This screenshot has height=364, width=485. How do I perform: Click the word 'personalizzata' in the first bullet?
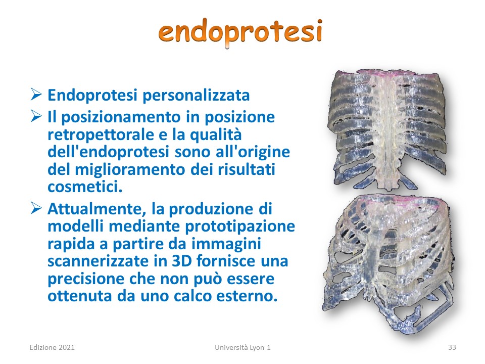(196, 96)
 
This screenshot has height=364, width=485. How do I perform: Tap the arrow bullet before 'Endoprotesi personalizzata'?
(36, 95)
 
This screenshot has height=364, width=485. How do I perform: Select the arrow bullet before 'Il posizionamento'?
(36, 116)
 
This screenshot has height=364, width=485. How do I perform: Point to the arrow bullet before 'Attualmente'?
(36, 208)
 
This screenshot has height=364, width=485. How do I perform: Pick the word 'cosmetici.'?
(85, 187)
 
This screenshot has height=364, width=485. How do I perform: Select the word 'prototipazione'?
(240, 226)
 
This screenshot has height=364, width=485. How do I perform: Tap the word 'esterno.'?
(247, 296)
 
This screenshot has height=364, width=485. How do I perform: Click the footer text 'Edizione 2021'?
(52, 348)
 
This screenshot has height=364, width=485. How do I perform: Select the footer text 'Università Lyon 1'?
(243, 348)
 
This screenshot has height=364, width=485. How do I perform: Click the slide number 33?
(452, 348)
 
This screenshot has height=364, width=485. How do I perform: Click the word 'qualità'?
(216, 135)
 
